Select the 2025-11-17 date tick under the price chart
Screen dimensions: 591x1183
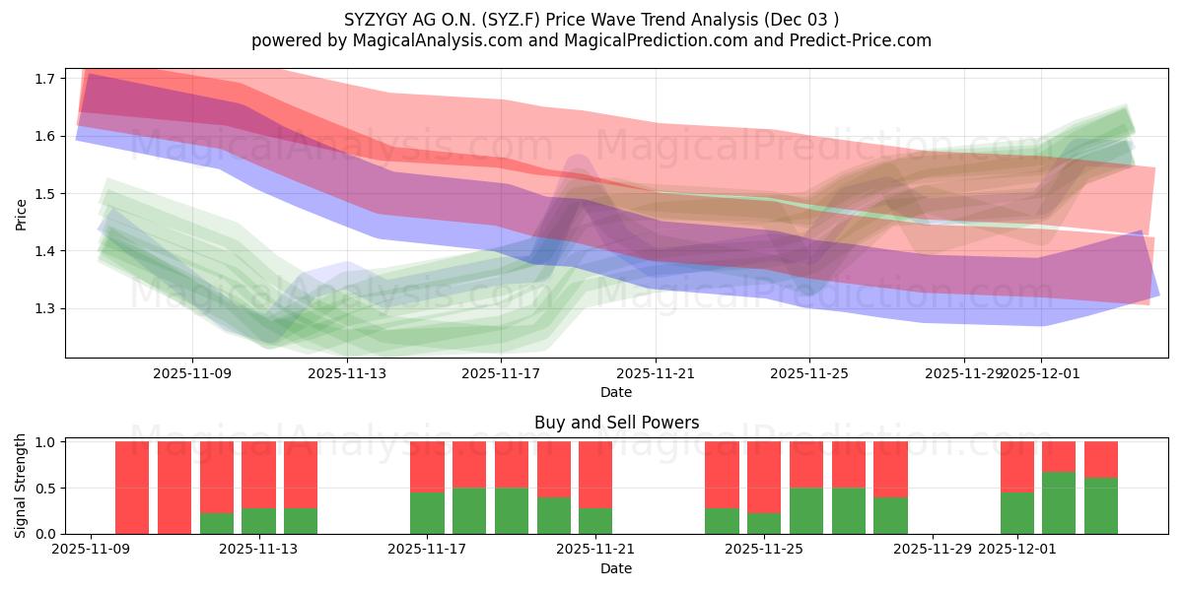(x=501, y=373)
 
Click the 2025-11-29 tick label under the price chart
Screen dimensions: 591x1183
(x=963, y=373)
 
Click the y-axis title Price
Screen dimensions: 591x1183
(x=22, y=213)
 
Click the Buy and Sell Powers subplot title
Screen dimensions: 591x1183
(x=616, y=423)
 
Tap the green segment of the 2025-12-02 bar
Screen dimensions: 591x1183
(x=1059, y=502)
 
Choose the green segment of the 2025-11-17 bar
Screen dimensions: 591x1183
(x=427, y=513)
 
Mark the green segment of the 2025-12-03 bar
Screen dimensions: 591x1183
(x=1101, y=505)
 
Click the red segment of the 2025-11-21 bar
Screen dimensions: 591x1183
(x=595, y=474)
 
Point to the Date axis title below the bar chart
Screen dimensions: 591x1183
(x=616, y=568)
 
